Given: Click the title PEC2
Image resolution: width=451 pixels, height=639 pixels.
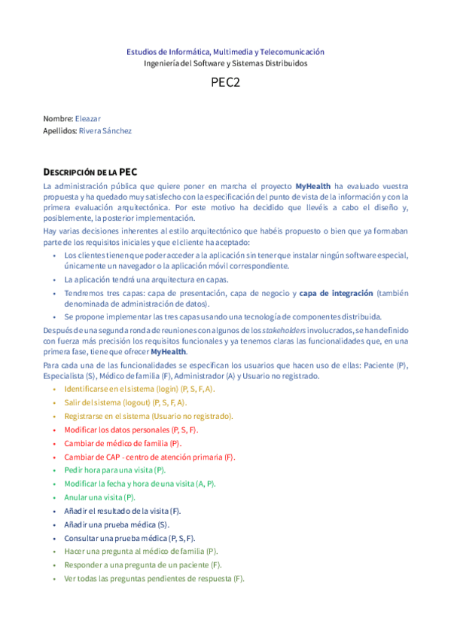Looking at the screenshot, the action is [x=225, y=84].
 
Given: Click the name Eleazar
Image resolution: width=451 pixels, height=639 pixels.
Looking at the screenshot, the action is [x=88, y=118].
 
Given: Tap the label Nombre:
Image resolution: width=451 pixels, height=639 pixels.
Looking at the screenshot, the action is [x=58, y=118].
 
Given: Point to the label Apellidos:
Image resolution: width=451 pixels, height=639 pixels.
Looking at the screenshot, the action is [x=60, y=130].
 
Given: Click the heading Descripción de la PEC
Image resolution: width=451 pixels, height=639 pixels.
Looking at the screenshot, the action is [x=90, y=172].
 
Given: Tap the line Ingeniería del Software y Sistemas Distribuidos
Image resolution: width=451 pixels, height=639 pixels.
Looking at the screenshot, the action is [x=225, y=63].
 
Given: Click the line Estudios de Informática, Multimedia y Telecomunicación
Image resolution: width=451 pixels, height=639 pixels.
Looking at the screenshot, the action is [x=225, y=52].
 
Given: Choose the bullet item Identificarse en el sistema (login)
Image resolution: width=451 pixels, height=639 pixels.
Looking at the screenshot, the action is [x=139, y=389].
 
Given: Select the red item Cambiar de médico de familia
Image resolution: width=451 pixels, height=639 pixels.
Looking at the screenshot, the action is [x=123, y=443].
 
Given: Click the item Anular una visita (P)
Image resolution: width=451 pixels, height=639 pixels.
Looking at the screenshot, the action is [x=99, y=497].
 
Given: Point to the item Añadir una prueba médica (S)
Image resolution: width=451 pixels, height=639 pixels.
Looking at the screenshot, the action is [x=117, y=524].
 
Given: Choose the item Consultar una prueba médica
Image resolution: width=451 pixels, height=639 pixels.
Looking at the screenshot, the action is [x=130, y=538].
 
